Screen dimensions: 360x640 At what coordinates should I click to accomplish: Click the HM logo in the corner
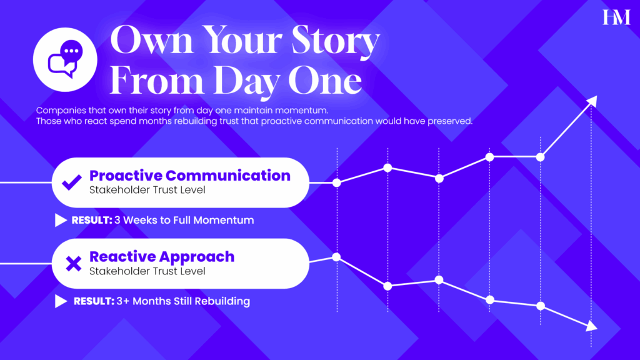pos(616,18)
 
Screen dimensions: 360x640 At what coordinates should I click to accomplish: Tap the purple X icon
pos(74,264)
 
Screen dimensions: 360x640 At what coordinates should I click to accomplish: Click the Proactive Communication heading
pos(190,175)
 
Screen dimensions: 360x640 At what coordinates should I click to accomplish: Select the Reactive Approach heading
pos(162,257)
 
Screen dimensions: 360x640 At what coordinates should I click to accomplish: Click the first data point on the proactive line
pos(337,182)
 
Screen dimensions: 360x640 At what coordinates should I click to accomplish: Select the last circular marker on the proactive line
pos(541,156)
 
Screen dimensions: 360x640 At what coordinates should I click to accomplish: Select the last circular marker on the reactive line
pos(541,306)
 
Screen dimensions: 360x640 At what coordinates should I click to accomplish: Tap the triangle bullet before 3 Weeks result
pos(61,221)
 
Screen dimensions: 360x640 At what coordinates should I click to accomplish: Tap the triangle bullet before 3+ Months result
pos(61,301)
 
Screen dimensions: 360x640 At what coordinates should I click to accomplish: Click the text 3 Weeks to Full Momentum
pos(184,221)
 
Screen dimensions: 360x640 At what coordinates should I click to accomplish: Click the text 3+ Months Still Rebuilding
pos(183,301)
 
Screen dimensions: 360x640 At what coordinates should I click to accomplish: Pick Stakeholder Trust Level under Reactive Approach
pos(147,271)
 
